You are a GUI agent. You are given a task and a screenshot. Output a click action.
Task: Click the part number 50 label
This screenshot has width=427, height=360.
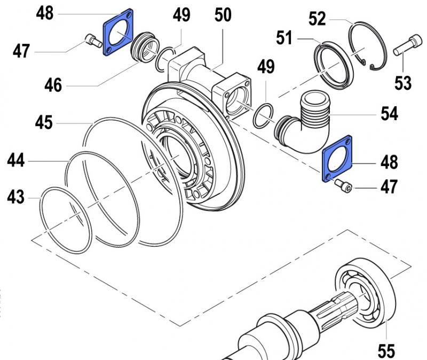click(x=223, y=14)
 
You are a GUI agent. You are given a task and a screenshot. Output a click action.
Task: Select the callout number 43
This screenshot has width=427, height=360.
click(x=16, y=198)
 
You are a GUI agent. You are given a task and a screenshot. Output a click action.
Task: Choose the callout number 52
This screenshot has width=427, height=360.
click(x=317, y=19)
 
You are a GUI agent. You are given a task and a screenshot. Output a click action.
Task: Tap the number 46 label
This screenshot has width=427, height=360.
click(x=53, y=84)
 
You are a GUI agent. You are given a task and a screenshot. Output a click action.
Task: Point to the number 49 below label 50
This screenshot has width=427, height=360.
click(x=265, y=68)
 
